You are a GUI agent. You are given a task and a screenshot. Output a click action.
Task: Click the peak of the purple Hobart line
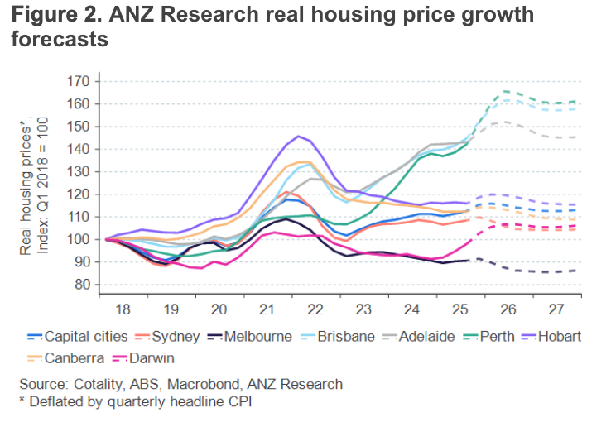pyautogui.click(x=298, y=136)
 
